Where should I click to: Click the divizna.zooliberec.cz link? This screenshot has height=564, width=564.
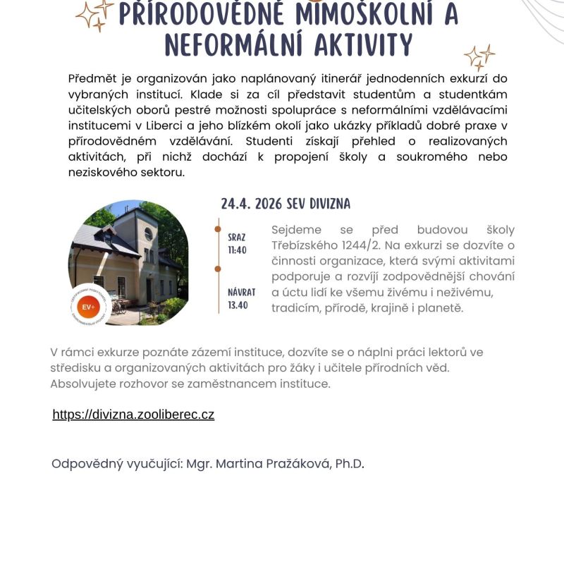[x=133, y=415]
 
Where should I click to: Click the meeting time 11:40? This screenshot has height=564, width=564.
[x=237, y=250]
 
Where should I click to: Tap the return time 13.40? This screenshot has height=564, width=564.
[x=237, y=305]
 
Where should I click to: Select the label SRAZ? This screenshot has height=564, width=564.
[x=237, y=238]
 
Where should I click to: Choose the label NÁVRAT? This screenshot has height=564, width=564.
[x=241, y=293]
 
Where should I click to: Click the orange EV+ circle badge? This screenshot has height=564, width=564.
[x=89, y=307]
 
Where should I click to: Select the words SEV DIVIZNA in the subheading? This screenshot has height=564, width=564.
[x=318, y=204]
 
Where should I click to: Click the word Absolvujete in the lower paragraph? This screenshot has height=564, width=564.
[x=83, y=384]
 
